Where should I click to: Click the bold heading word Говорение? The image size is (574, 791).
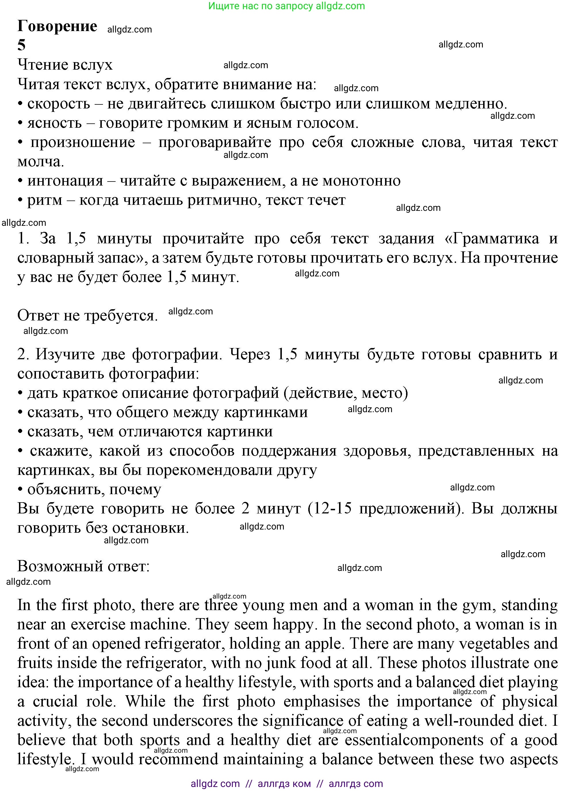pos(57,26)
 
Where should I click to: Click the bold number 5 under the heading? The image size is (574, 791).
pos(21,45)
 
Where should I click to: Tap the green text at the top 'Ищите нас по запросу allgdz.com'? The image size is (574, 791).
pos(286,6)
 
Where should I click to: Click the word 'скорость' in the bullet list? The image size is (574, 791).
pos(59,104)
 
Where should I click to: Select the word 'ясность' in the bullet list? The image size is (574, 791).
pos(54,123)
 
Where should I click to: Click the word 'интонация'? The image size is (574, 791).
pos(65,181)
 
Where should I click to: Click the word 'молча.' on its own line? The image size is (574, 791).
pos(41,161)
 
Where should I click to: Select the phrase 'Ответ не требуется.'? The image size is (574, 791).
pos(87,315)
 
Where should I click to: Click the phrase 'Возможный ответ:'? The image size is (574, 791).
pos(83,566)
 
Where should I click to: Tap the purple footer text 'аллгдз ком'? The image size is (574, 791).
pos(284,784)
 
